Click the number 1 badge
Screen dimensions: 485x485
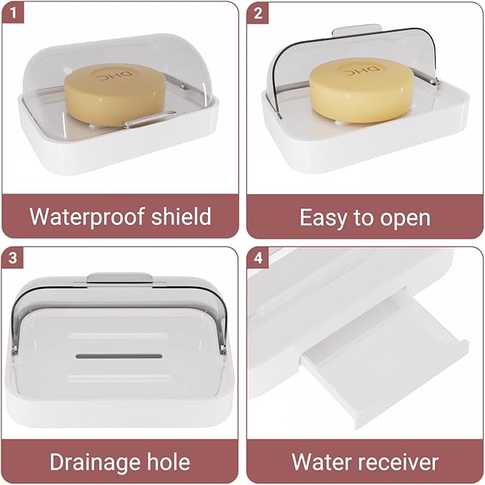[13, 13]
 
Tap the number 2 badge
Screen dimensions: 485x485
[258, 13]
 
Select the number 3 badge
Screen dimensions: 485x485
[13, 257]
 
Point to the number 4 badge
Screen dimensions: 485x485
[258, 257]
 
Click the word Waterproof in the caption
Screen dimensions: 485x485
[87, 217]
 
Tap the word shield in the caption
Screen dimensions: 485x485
[181, 216]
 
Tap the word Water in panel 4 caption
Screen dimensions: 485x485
[321, 462]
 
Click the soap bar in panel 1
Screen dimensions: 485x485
[115, 94]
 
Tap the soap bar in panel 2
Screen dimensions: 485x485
[361, 90]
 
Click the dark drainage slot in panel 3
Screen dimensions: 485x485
[119, 356]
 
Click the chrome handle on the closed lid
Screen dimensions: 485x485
[151, 119]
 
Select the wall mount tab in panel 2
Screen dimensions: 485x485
[357, 30]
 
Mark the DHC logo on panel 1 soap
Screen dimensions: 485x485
[114, 75]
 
